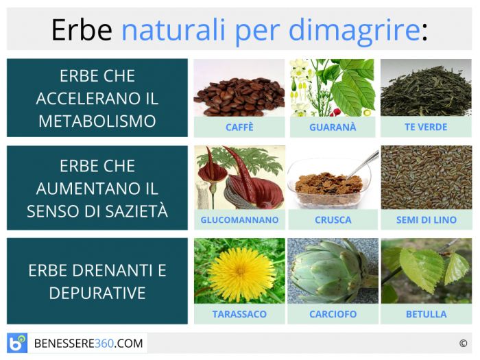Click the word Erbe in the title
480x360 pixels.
coord(82,30)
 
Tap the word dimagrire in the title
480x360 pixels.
coord(355,31)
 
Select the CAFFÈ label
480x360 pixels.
coord(239,127)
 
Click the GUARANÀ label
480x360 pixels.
coord(333,127)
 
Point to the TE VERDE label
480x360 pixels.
coord(426,127)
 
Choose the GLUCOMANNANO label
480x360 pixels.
coord(240,219)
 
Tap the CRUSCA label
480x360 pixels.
coord(333,219)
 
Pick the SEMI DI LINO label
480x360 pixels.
coord(426,219)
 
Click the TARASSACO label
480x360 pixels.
coord(239,314)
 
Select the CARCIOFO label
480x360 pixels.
coord(333,314)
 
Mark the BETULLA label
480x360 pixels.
coord(426,314)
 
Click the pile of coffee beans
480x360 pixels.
coord(239,97)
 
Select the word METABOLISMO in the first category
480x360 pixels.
coord(97,121)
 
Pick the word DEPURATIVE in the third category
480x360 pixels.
coord(97,293)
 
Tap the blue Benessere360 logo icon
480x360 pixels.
coord(17,343)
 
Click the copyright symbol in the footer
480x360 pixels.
coord(463,344)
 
